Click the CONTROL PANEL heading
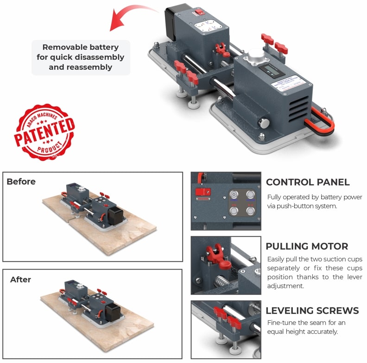point(308,182)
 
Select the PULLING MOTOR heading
point(307,246)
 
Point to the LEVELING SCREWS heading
point(312,310)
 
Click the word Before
point(21,181)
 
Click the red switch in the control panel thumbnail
point(202,193)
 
